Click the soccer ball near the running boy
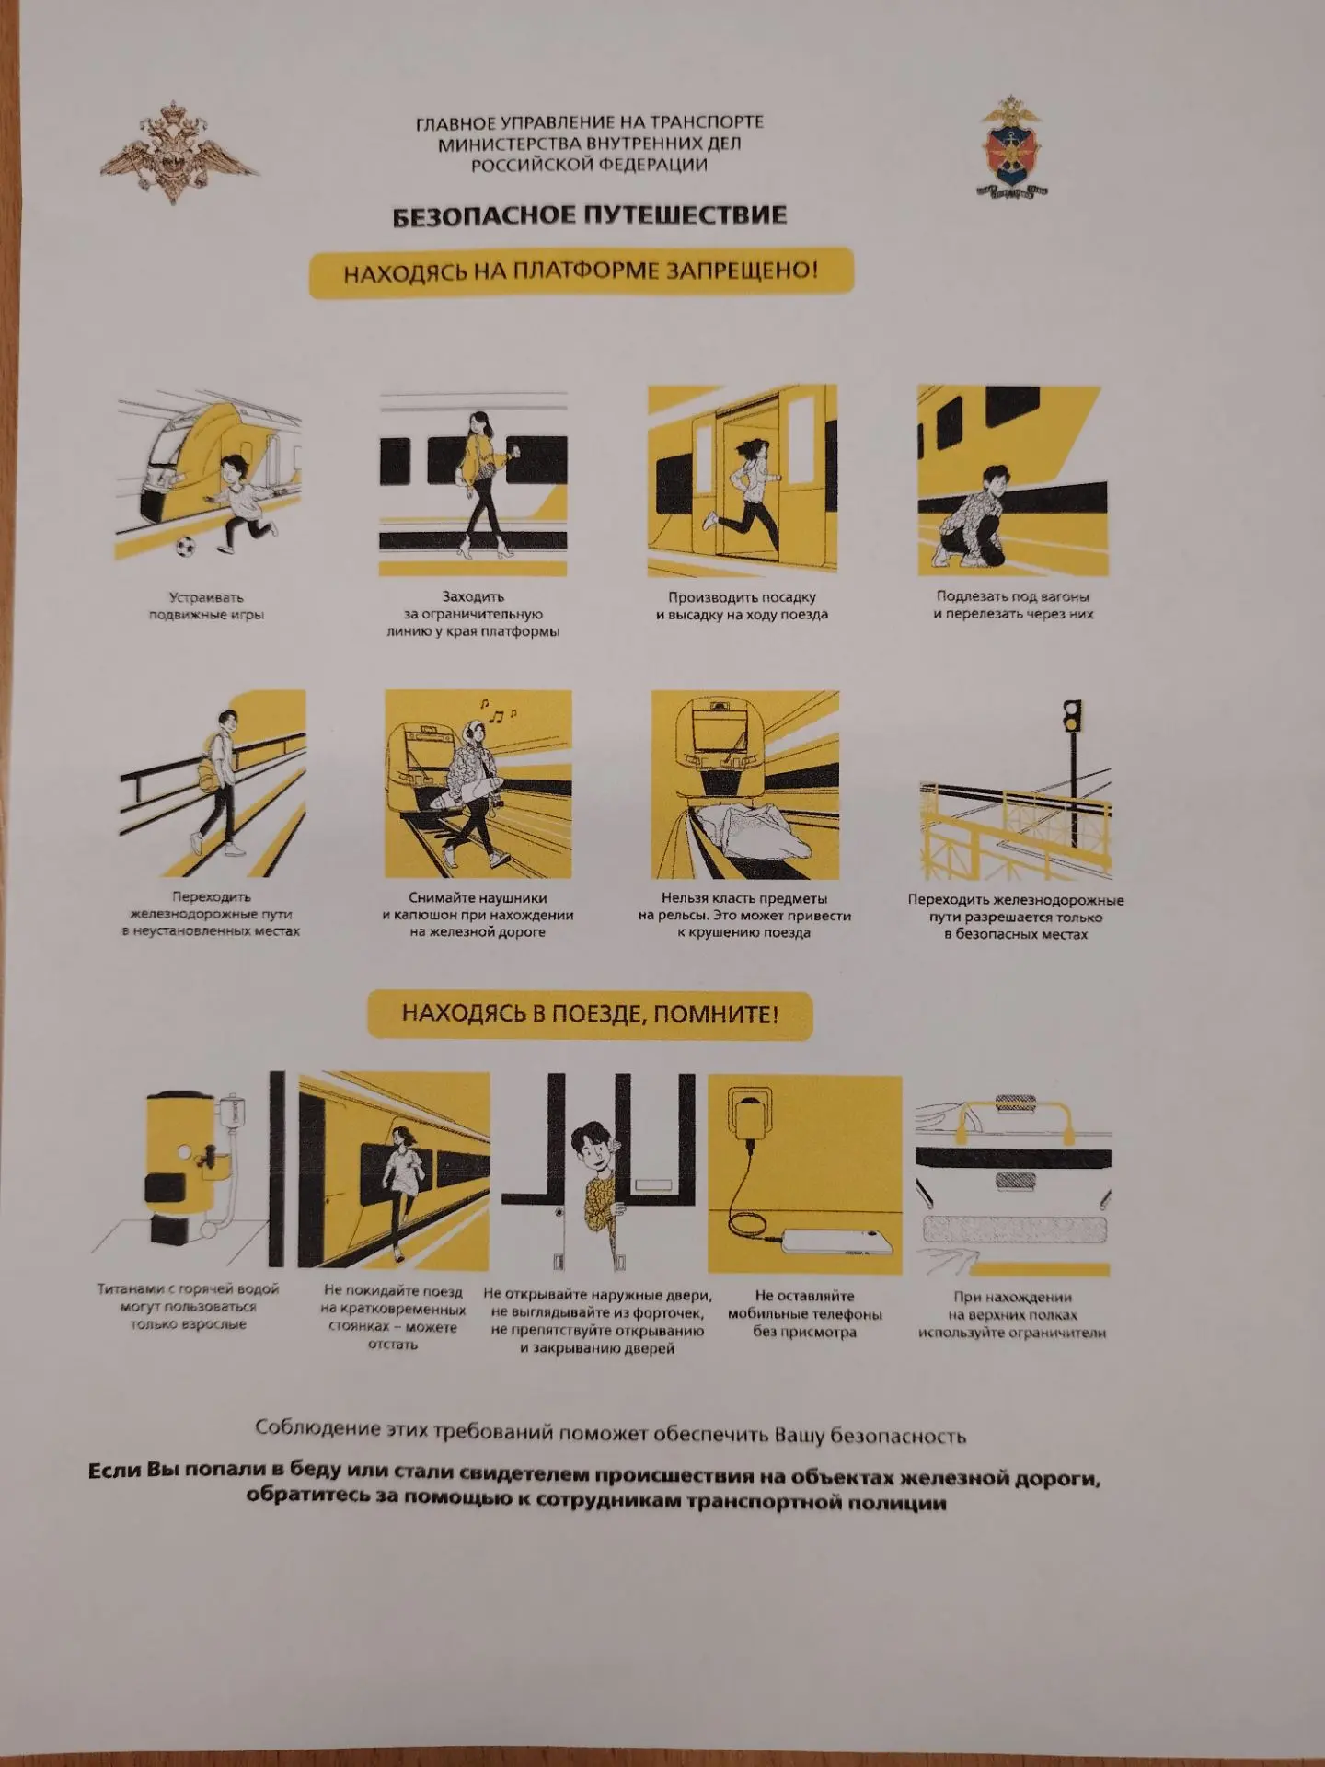coord(185,547)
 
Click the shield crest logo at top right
coord(1012,147)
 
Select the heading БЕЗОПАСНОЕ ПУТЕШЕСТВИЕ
coord(589,216)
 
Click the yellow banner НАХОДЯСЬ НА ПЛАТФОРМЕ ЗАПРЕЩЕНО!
coord(581,272)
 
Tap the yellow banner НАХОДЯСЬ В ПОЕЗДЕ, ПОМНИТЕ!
coord(590,1014)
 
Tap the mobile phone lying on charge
coord(836,1241)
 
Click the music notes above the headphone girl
coord(497,710)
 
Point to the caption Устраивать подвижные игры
coord(207,606)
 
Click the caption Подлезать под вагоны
coord(1012,596)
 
